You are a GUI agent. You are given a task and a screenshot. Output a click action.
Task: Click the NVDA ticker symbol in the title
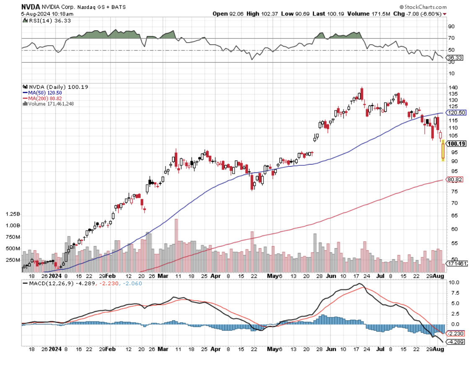click(x=31, y=7)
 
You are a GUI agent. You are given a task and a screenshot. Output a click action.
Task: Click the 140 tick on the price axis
click(x=453, y=87)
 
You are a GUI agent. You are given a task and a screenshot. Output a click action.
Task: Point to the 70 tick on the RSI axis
click(x=452, y=39)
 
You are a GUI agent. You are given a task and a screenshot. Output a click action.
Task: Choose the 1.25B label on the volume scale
click(x=12, y=214)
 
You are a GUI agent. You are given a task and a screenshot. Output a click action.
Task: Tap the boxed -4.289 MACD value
click(x=455, y=342)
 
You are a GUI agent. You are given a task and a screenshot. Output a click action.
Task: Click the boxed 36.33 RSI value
click(x=455, y=58)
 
